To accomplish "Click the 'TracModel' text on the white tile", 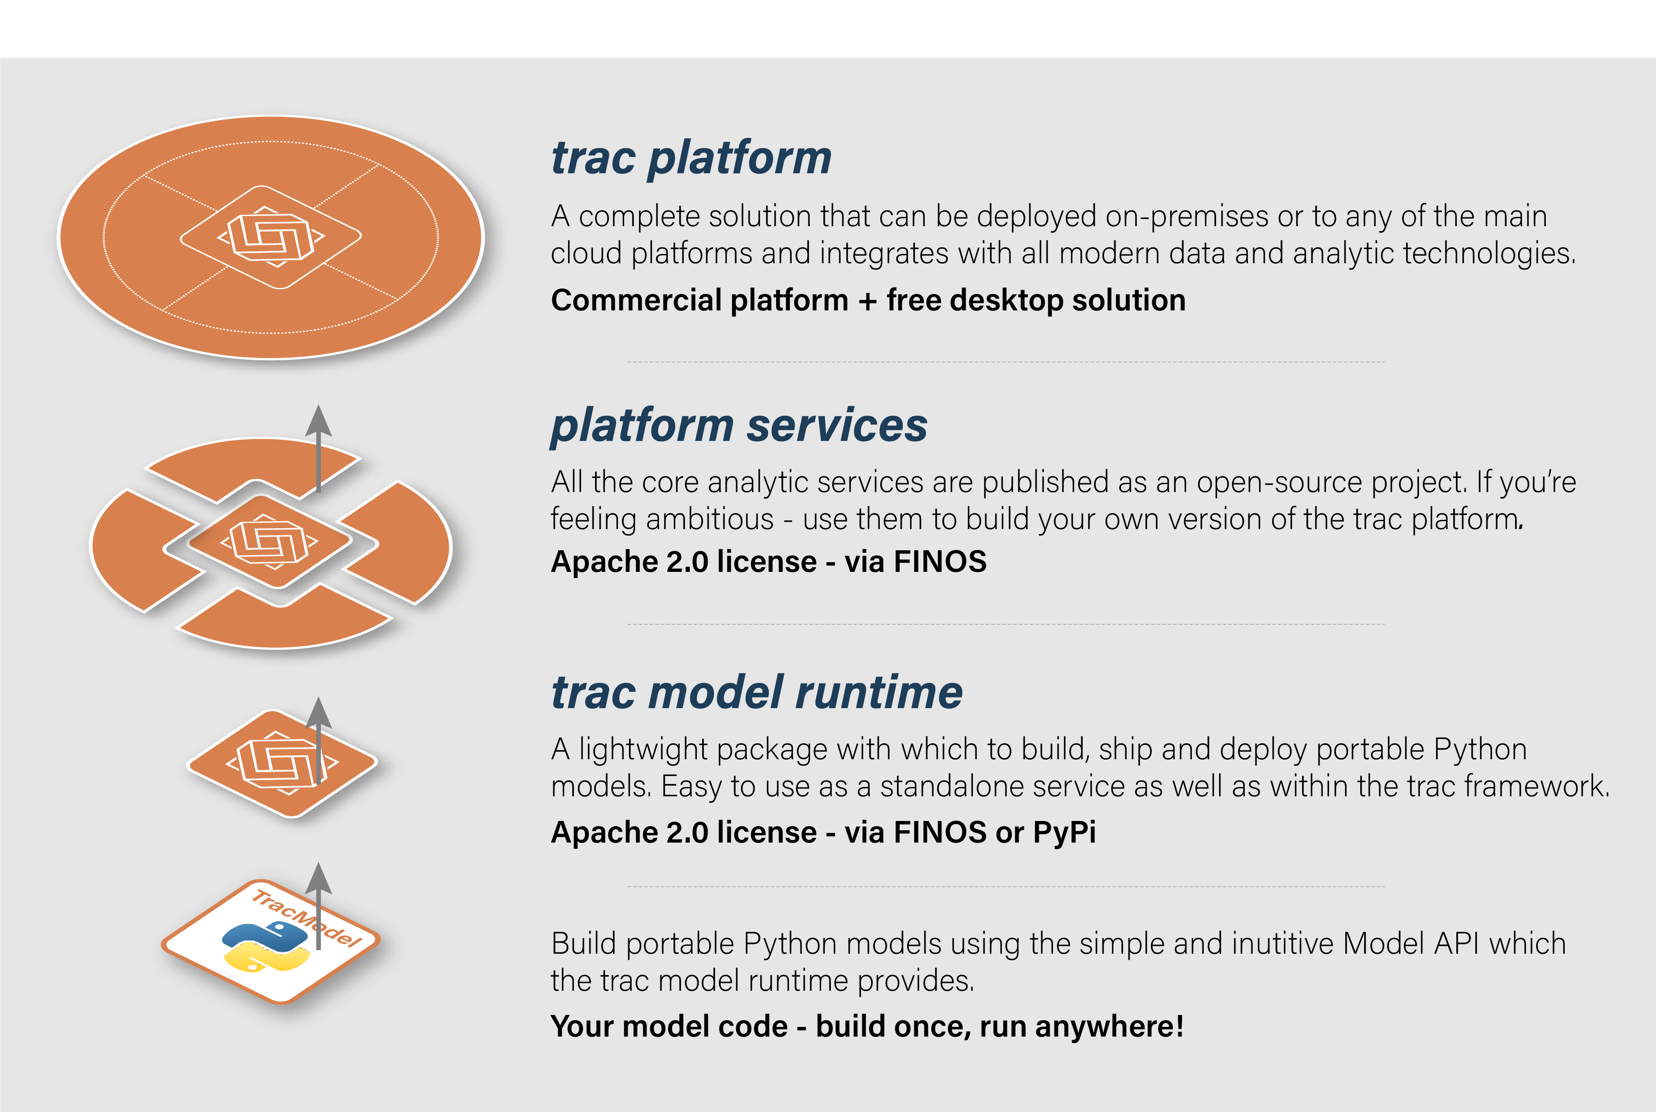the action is pyautogui.click(x=307, y=918).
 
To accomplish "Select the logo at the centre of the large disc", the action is pyautogui.click(x=271, y=237).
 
